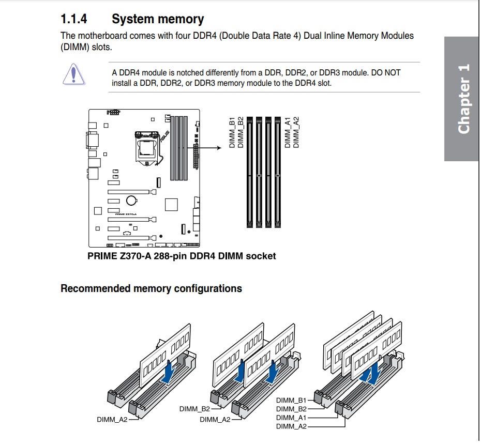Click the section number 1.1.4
[74, 20]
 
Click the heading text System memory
[158, 20]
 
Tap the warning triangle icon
[74, 73]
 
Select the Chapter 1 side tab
[462, 98]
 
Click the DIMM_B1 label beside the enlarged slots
[232, 133]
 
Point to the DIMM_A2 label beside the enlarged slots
[296, 132]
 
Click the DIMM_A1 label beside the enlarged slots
[288, 133]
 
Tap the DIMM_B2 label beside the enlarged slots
[240, 133]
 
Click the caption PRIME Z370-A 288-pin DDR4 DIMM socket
[182, 256]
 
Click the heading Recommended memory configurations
[151, 288]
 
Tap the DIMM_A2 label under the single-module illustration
[112, 420]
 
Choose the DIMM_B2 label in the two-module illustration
[194, 409]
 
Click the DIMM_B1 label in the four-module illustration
[291, 400]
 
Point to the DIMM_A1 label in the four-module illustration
[291, 418]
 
